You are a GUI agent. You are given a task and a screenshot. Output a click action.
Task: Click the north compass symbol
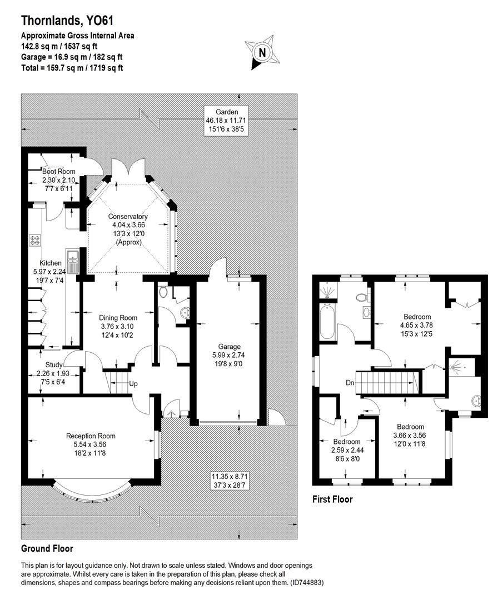tap(260, 52)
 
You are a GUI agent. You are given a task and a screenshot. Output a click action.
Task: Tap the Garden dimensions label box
tap(226, 120)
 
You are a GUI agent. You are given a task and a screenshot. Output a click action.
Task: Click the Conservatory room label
tap(128, 229)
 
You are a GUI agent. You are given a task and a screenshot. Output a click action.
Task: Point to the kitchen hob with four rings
tap(35, 241)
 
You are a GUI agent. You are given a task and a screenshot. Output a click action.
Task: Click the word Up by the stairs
tap(133, 383)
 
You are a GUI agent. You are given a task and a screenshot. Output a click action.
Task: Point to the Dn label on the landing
tap(351, 383)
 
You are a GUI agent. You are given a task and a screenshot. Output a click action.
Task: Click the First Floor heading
tap(332, 499)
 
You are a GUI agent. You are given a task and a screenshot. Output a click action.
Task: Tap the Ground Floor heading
tap(47, 548)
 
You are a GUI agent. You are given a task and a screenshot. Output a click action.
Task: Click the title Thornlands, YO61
tap(67, 21)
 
